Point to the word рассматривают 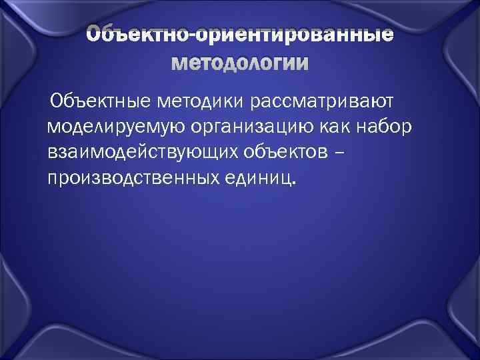[323, 101]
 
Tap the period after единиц [294, 184]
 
